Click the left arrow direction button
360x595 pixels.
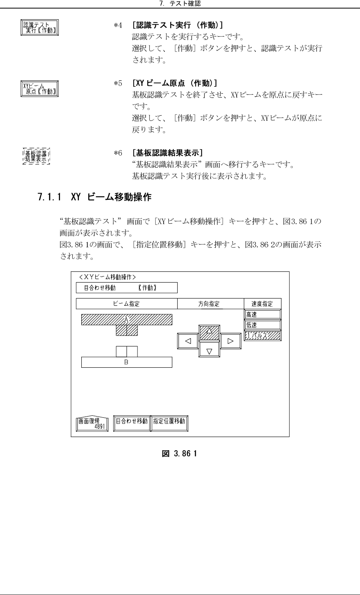tap(188, 341)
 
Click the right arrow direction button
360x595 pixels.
tap(231, 341)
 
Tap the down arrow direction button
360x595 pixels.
tap(209, 351)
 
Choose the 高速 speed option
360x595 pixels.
tap(262, 314)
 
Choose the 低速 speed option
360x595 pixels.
tap(262, 325)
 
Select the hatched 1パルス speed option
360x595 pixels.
tap(262, 336)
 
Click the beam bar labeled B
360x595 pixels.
tap(127, 362)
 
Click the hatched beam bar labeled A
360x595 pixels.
tap(127, 320)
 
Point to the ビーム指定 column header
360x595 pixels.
tap(127, 304)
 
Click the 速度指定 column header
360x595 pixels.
tap(262, 304)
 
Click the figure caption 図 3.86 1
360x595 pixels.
tap(180, 453)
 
